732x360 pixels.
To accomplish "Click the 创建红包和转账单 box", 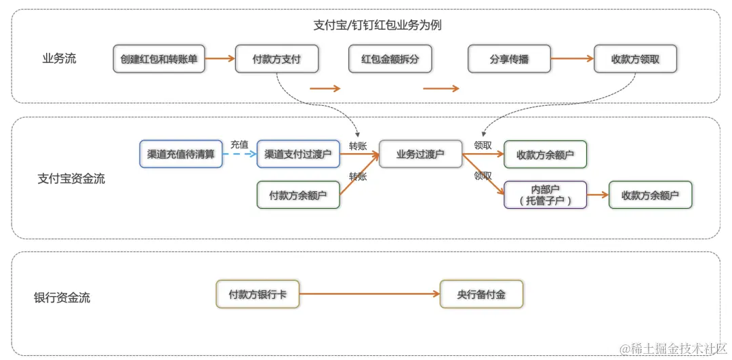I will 159,59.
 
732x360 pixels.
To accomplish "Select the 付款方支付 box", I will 277,59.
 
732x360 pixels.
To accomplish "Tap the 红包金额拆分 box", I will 390,59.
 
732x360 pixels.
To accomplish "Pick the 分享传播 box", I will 509,59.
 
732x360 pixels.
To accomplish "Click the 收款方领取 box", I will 635,59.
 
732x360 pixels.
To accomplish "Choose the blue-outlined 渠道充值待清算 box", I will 181,155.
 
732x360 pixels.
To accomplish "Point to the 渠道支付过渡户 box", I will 298,155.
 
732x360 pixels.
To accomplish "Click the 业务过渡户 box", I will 420,155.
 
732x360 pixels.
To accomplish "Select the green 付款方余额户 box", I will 298,195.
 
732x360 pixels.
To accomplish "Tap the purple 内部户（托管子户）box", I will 546,195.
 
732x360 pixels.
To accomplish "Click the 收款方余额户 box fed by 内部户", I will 650,195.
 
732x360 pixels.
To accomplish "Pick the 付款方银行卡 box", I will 258,294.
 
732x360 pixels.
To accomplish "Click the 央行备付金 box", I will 481,294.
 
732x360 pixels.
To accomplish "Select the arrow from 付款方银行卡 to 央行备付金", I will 369,294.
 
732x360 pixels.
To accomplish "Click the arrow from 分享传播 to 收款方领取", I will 572,59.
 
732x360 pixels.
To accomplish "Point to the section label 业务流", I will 60,58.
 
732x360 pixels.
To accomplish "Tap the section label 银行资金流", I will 62,298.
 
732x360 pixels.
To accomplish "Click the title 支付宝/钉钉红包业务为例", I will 378,25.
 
